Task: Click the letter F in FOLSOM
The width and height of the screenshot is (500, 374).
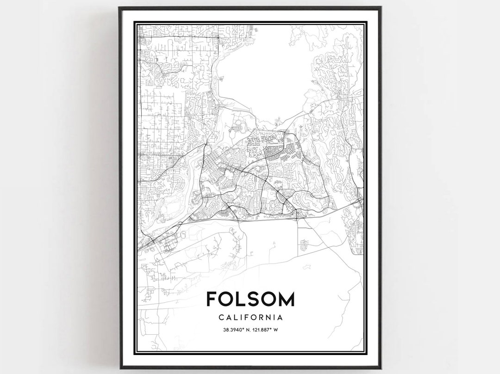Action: (212, 299)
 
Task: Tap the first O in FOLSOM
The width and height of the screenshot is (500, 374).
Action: (227, 299)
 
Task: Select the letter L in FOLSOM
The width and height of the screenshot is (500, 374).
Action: (242, 299)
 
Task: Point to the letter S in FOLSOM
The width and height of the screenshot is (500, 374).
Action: (254, 299)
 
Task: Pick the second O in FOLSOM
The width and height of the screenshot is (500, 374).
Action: (269, 299)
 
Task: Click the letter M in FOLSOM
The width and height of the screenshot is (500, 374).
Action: (287, 299)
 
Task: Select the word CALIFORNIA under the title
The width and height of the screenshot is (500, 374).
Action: (250, 318)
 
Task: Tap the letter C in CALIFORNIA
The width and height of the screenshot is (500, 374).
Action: (219, 318)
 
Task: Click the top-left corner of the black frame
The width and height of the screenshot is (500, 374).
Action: (119, 8)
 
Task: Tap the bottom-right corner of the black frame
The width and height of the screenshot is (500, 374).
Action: (381, 368)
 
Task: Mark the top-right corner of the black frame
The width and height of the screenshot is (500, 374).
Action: (381, 8)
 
